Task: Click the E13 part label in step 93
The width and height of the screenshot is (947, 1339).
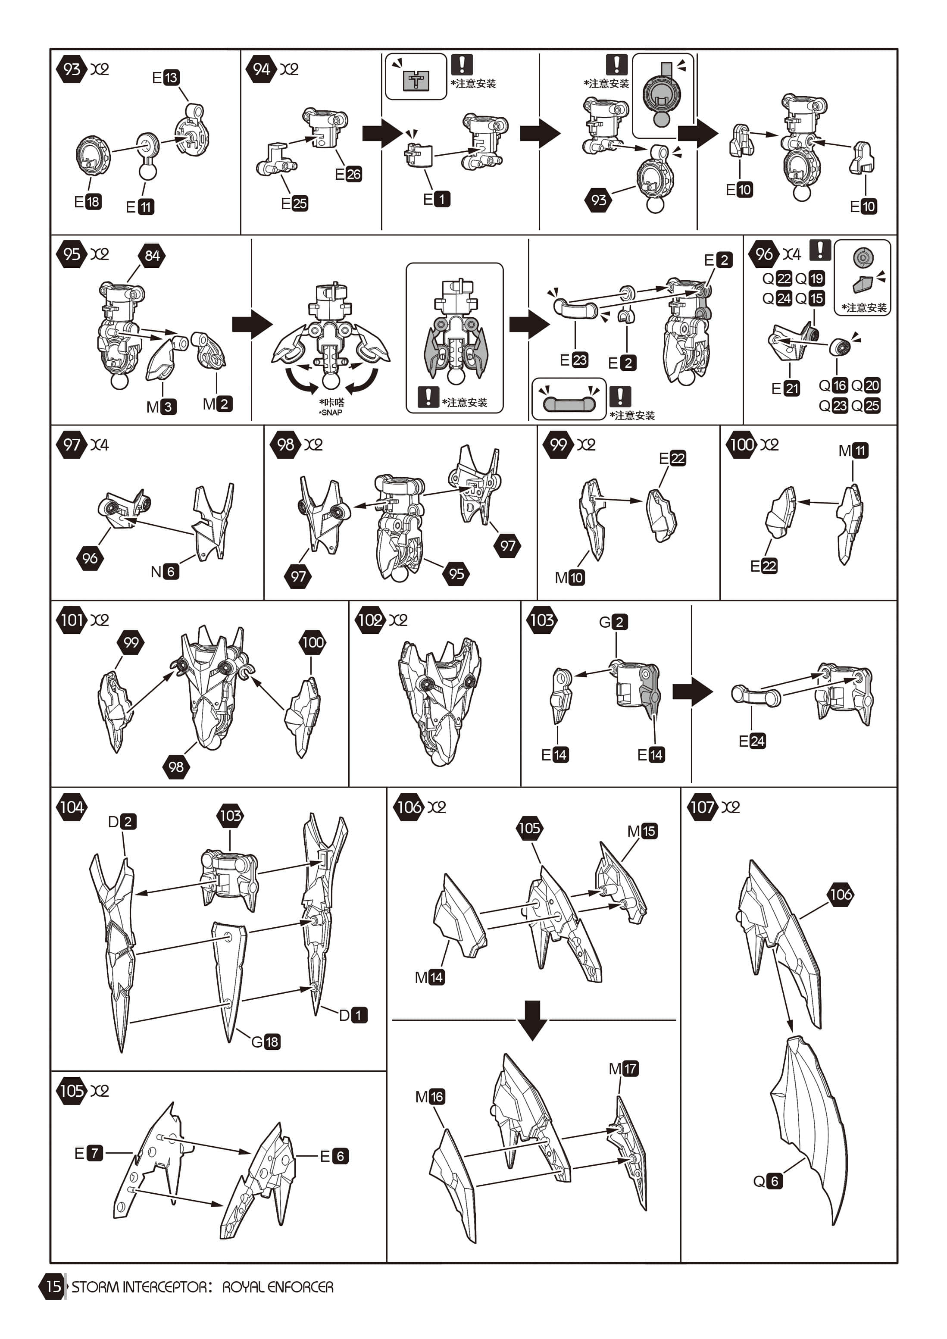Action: click(166, 78)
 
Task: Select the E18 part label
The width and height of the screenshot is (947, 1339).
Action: click(88, 202)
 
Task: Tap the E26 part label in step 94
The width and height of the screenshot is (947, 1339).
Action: click(348, 174)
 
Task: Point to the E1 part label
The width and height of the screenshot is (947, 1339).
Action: click(437, 200)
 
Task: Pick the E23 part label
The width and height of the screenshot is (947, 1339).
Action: click(574, 360)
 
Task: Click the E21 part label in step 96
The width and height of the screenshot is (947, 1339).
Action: click(785, 388)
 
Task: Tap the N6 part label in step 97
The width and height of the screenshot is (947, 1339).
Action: click(164, 572)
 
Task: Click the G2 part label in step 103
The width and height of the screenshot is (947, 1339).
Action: click(613, 622)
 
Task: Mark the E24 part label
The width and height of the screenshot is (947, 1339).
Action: click(752, 741)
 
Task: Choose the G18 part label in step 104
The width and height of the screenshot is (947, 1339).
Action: click(266, 1042)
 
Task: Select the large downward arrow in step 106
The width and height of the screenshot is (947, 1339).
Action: click(532, 1020)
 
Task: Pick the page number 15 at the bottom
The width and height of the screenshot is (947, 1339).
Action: click(53, 1286)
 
